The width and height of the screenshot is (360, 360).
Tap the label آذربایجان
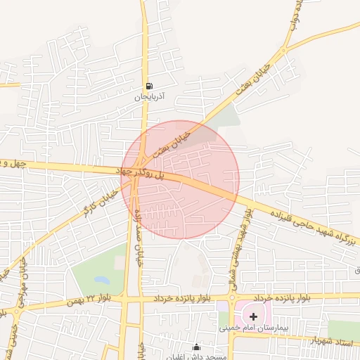pyautogui.click(x=148, y=98)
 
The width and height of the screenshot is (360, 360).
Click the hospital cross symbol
pyautogui.click(x=254, y=317)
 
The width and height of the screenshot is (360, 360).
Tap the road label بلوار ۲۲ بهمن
pyautogui.click(x=91, y=301)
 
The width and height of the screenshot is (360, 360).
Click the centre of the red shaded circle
pyautogui.click(x=180, y=180)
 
